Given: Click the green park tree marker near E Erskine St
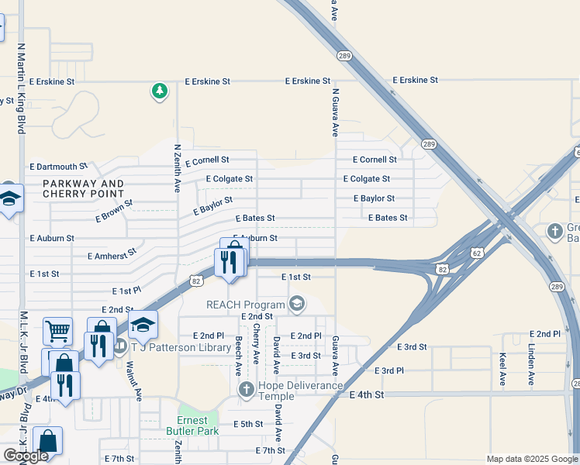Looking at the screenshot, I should (x=160, y=91).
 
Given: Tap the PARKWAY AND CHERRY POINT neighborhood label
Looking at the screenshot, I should (x=83, y=188).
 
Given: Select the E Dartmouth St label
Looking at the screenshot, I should (x=58, y=167).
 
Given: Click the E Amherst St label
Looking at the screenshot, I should (x=112, y=253).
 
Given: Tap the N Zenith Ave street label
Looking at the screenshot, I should (x=178, y=168).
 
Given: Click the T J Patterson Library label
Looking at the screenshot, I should (x=180, y=347).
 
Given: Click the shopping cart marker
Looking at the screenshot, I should (x=57, y=332).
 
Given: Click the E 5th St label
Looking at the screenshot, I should (x=249, y=425).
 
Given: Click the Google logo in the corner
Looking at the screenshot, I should (x=26, y=456).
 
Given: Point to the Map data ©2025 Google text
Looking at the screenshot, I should (x=530, y=459).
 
